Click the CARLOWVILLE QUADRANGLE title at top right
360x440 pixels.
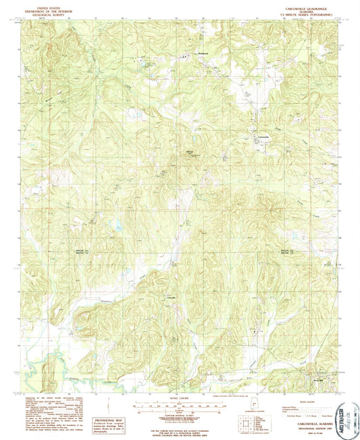coord(293,7)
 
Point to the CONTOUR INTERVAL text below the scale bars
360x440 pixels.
coord(179,412)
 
